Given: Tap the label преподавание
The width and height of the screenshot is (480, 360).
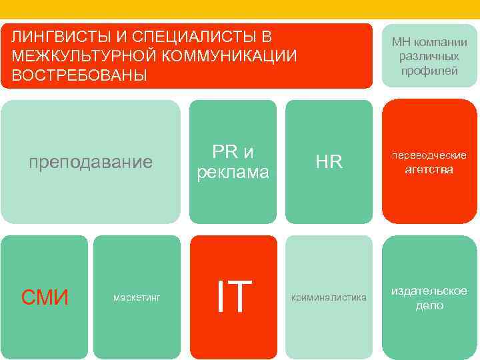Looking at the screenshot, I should click(90, 162).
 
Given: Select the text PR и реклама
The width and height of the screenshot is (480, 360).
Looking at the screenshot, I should click(233, 161).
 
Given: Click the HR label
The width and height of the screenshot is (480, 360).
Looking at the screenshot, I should click(329, 162).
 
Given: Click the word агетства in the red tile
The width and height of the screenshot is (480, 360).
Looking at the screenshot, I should click(429, 169).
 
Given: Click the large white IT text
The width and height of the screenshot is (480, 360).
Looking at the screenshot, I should click(233, 296).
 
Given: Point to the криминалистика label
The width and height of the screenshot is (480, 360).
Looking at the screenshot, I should click(329, 297).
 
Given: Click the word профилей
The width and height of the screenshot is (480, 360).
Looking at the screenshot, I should click(429, 71).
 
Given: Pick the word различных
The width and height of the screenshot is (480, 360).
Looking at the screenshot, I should click(429, 57).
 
